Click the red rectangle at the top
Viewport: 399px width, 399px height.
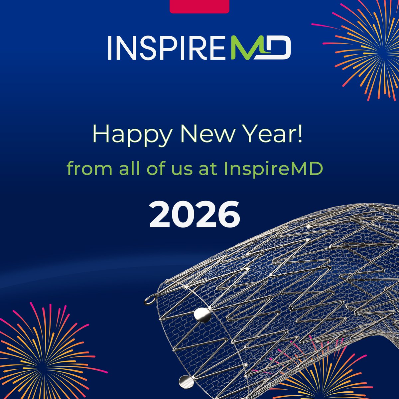(199, 6)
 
